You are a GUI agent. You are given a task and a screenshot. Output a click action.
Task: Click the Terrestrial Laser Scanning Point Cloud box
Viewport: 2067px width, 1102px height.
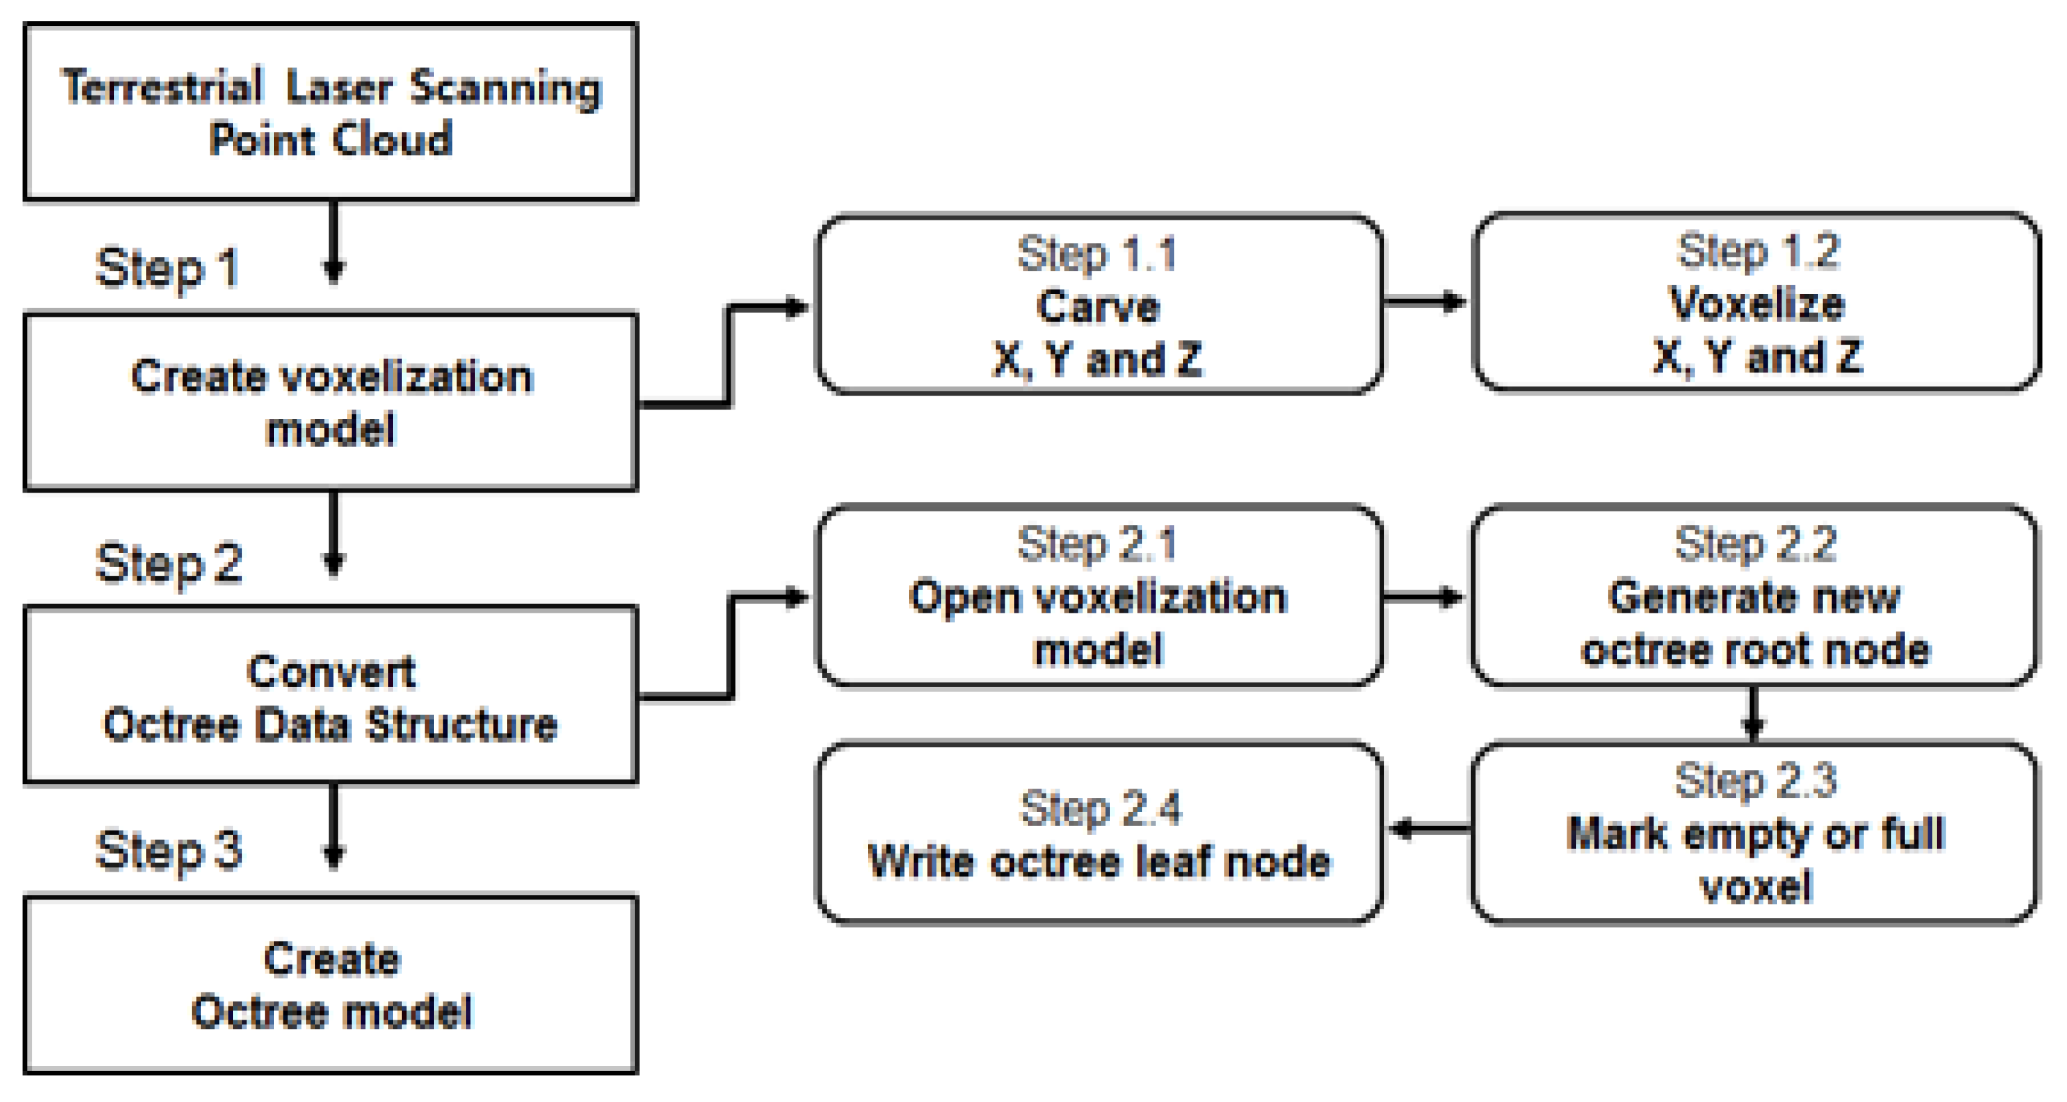pyautogui.click(x=330, y=112)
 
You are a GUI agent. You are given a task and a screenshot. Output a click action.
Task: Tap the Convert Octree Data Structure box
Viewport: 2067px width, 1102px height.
pyautogui.click(x=330, y=695)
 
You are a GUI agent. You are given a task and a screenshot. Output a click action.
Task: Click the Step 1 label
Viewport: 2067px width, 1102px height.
pyautogui.click(x=167, y=268)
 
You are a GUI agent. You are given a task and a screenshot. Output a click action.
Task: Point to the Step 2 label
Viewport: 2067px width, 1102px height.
pyautogui.click(x=169, y=563)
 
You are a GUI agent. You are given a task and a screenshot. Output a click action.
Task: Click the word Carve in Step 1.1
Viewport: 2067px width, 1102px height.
pyautogui.click(x=1098, y=307)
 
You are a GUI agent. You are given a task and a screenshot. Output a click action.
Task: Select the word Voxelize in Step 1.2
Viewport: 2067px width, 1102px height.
pyautogui.click(x=1756, y=303)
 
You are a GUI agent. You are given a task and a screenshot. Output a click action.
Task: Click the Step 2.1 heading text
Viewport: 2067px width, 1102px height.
pyautogui.click(x=1097, y=544)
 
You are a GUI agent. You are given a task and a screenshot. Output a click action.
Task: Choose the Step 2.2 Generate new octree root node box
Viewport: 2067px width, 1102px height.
pyautogui.click(x=1755, y=595)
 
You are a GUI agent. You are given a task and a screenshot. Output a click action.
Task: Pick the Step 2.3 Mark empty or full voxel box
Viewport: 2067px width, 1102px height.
pyautogui.click(x=1755, y=834)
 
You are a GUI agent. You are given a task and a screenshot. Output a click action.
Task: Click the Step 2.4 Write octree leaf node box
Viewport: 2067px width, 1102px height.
pyautogui.click(x=1098, y=834)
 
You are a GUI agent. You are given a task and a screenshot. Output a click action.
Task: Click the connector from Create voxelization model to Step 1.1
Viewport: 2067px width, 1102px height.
pyautogui.click(x=729, y=353)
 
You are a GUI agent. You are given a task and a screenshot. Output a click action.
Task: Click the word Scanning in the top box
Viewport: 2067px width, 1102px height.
pyautogui.click(x=505, y=88)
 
